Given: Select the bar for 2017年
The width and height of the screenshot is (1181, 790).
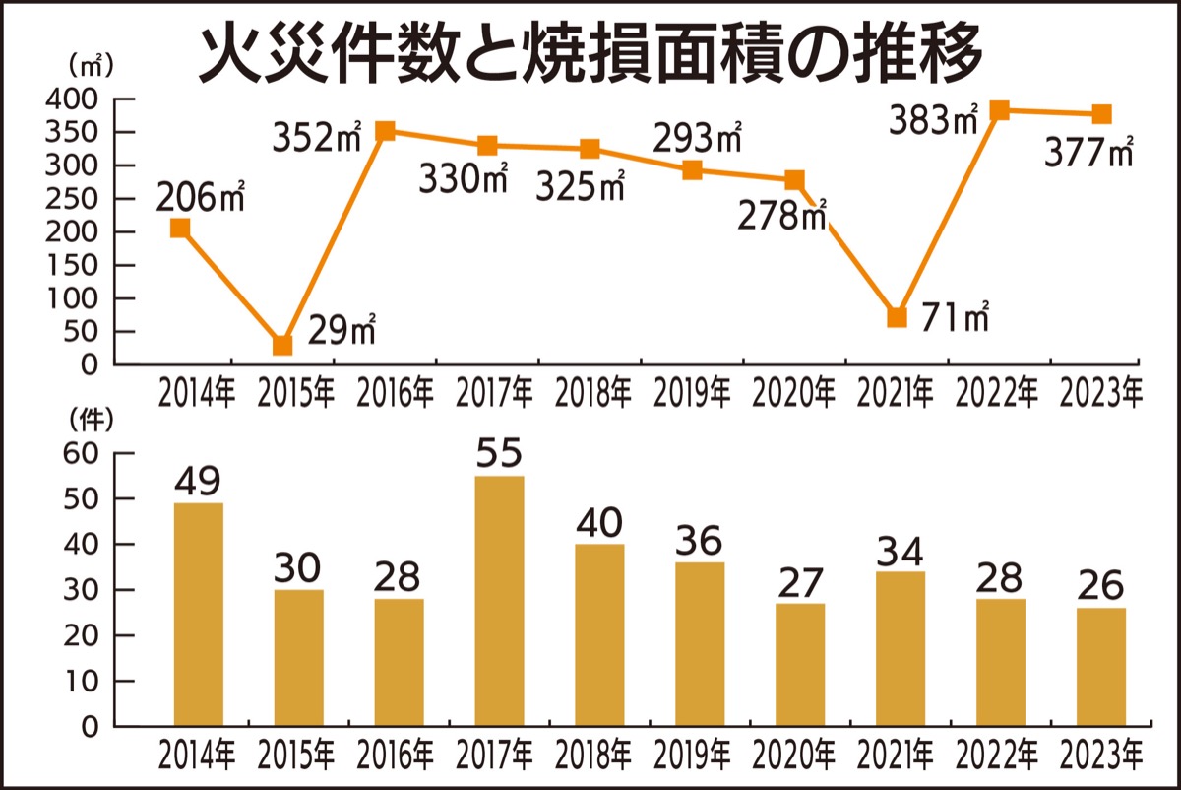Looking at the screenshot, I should click(499, 601).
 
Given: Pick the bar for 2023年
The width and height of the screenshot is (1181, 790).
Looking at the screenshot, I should click(1100, 667).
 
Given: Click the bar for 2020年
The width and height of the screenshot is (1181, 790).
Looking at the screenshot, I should click(800, 665).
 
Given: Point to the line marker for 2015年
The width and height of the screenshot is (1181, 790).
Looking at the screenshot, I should click(282, 345).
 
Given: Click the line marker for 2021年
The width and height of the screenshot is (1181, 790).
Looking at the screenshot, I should click(897, 317).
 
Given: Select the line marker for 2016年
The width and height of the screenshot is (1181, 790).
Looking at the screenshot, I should click(386, 131).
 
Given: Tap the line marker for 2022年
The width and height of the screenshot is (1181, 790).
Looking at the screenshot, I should click(999, 110).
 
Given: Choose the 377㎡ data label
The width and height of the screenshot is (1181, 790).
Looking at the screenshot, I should click(1088, 155).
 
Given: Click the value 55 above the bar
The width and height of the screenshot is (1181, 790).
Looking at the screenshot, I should click(499, 454).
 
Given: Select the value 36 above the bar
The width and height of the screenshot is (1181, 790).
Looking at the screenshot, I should click(699, 541).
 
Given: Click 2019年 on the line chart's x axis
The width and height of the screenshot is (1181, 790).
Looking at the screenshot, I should click(694, 394).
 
